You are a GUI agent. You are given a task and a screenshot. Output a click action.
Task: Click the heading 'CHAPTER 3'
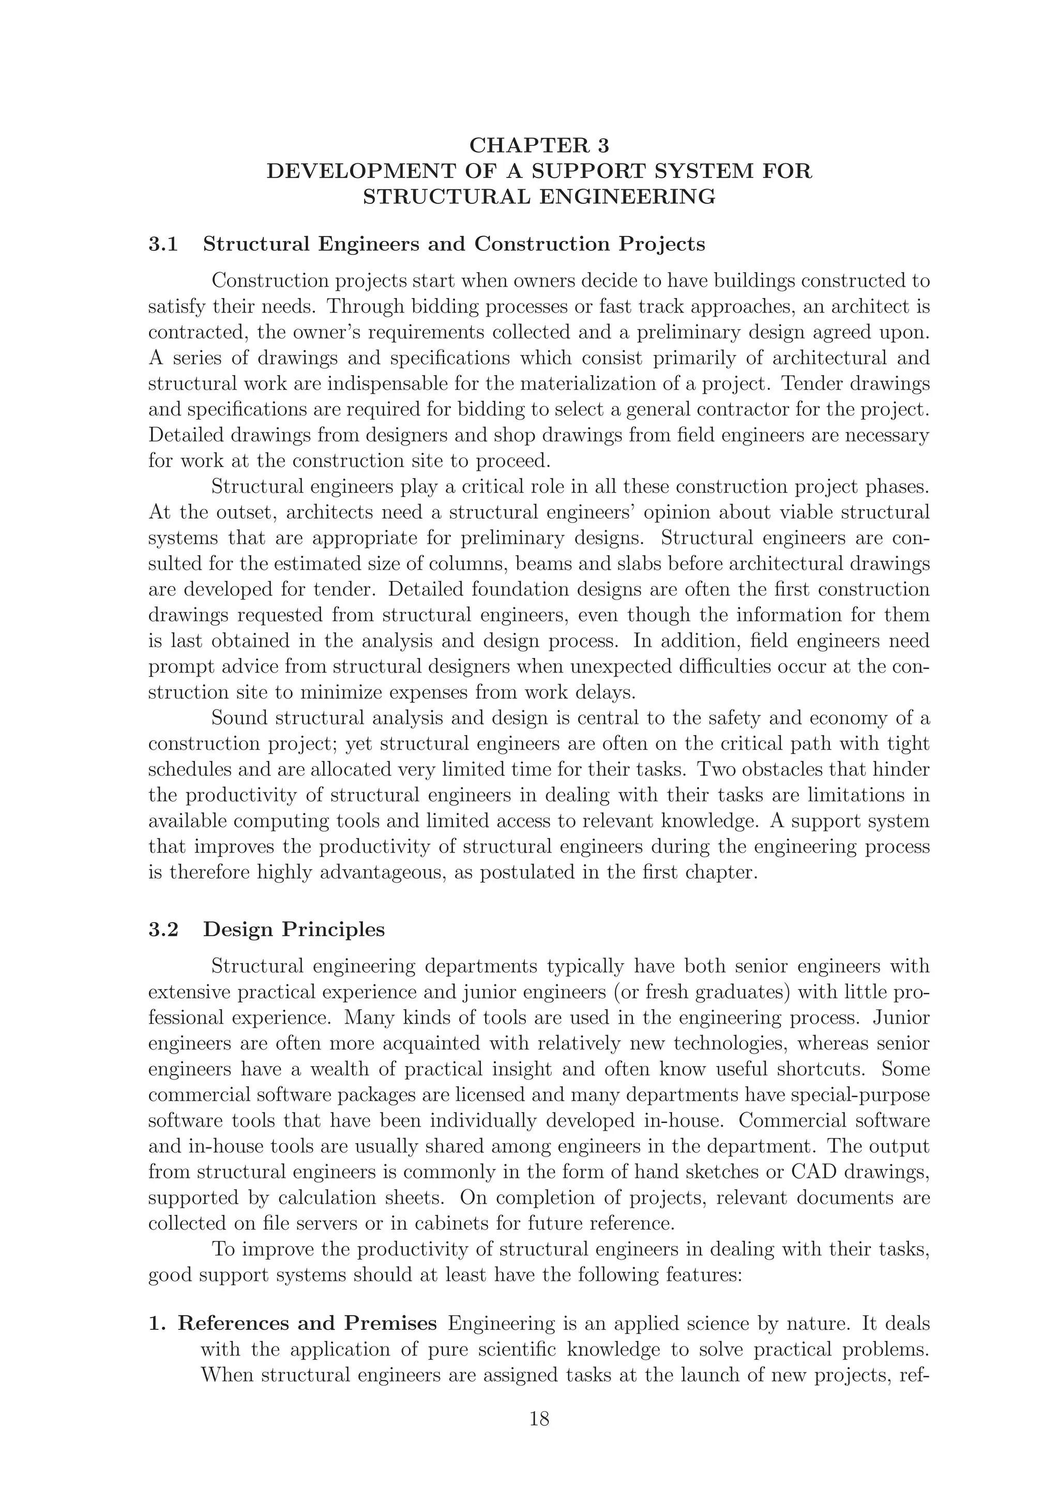coord(539,144)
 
